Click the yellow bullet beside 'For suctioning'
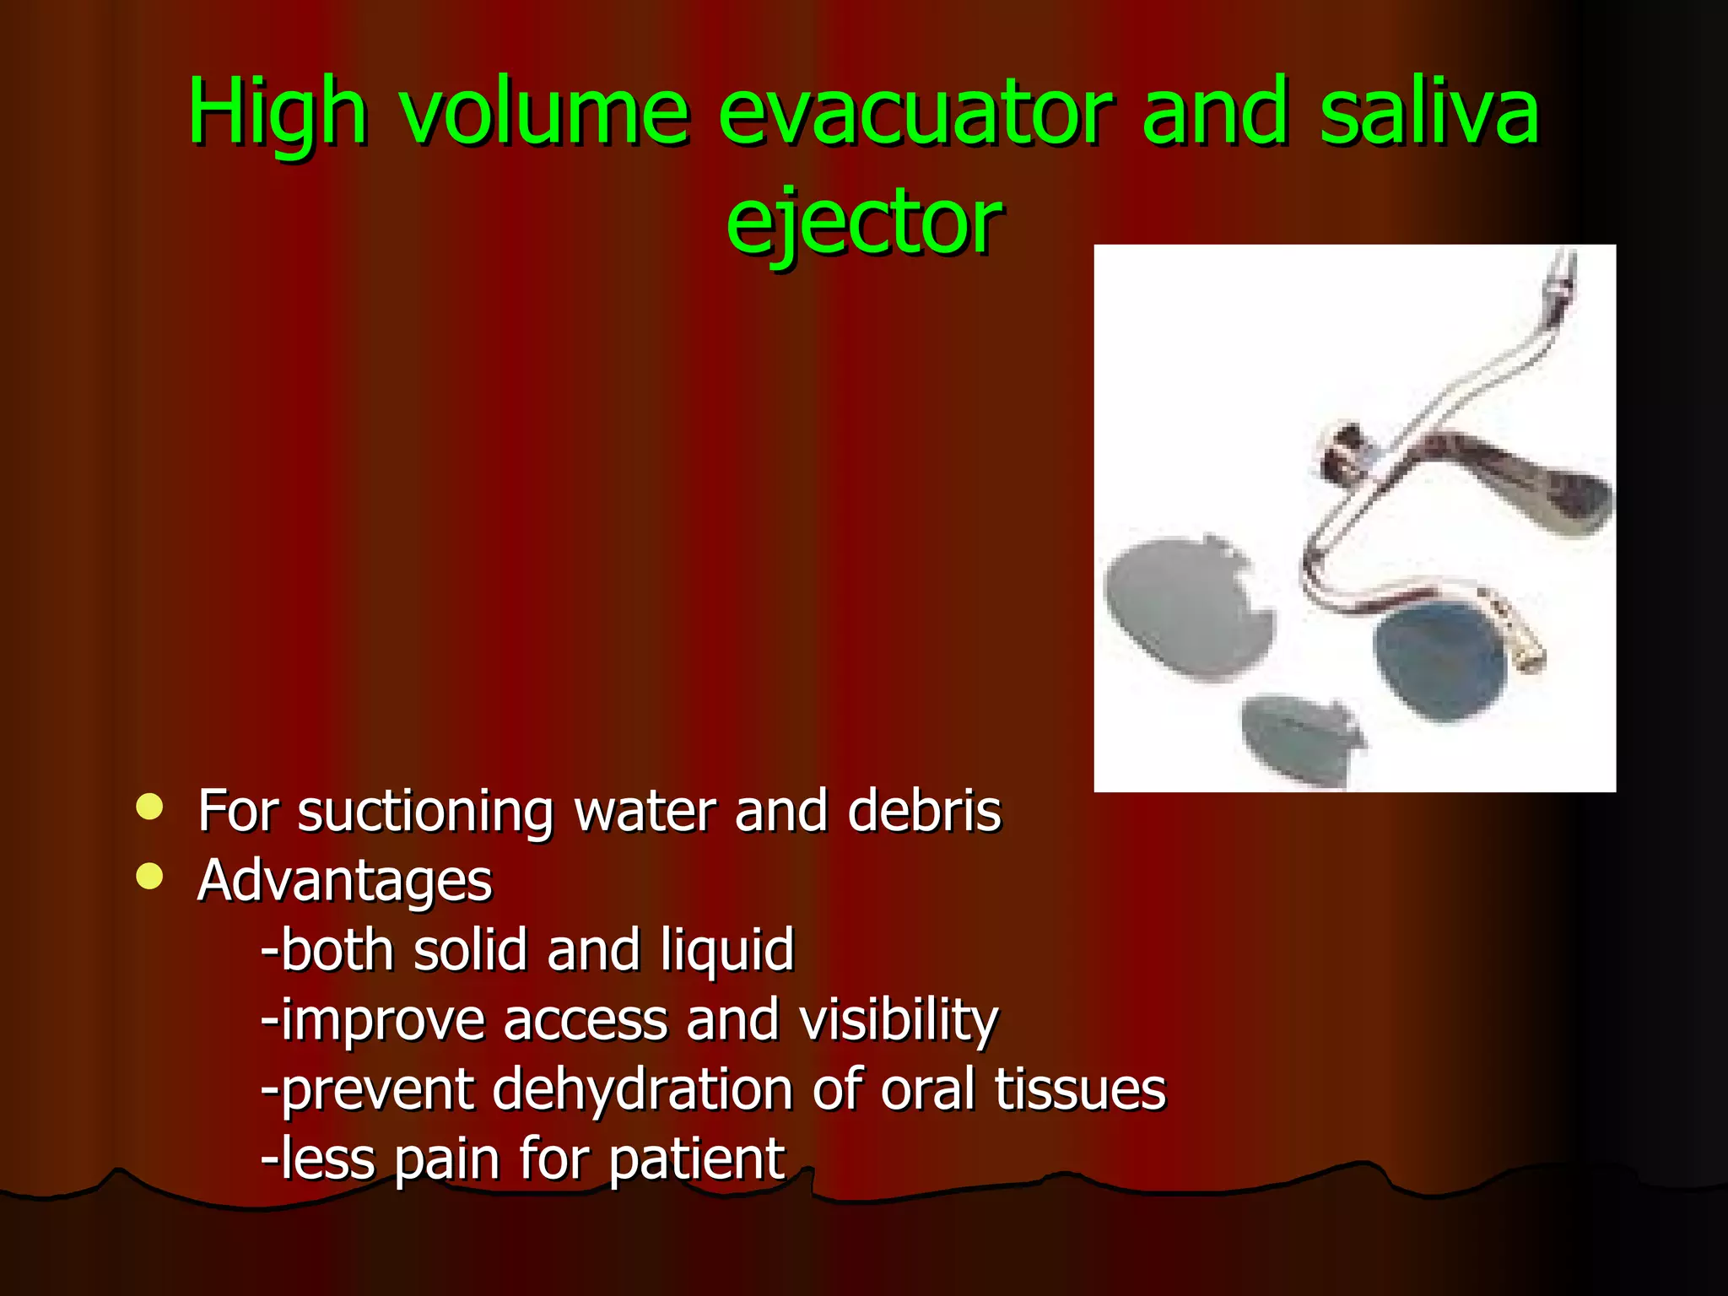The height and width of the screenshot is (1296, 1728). tap(149, 807)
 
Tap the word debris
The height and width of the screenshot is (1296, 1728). tap(924, 812)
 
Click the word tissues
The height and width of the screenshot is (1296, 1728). tap(1080, 1090)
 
